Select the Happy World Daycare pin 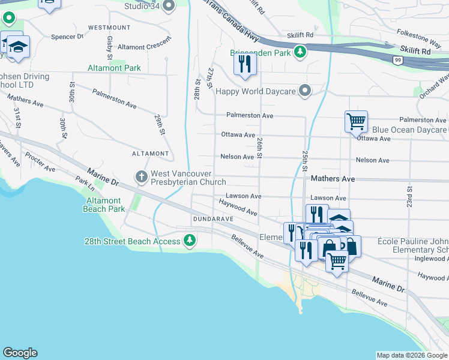(306, 91)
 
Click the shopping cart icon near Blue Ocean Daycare (356, 121)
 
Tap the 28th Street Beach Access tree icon (190, 241)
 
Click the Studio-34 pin (168, 7)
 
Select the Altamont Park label (115, 68)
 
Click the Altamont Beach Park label (106, 205)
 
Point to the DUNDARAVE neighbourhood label (212, 220)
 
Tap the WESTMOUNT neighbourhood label (109, 28)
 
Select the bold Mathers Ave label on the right (333, 179)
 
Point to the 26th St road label (259, 148)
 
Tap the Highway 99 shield (398, 59)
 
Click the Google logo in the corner (20, 353)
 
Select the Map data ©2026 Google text (411, 355)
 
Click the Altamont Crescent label (144, 47)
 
